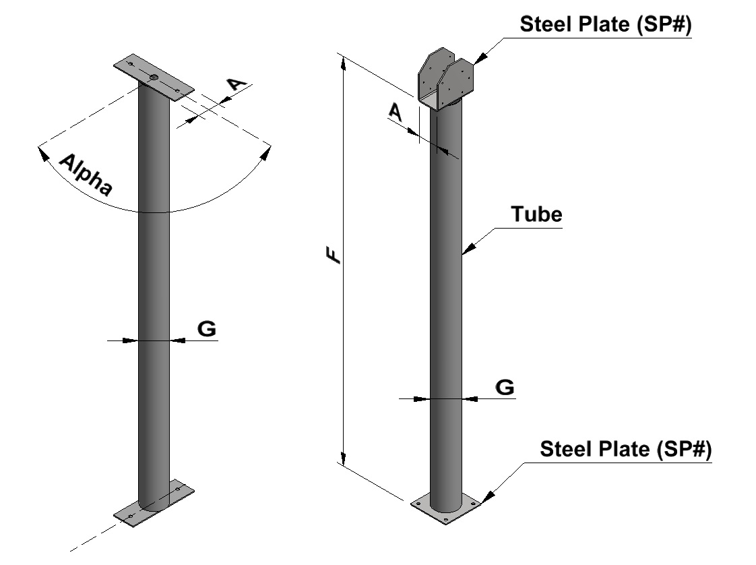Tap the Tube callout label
tap(536, 215)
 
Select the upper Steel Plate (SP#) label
tap(606, 25)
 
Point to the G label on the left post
tap(206, 329)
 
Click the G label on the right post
tap(505, 387)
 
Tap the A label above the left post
tap(235, 85)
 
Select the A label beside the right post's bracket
tap(397, 112)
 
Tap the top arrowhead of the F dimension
tap(345, 63)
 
